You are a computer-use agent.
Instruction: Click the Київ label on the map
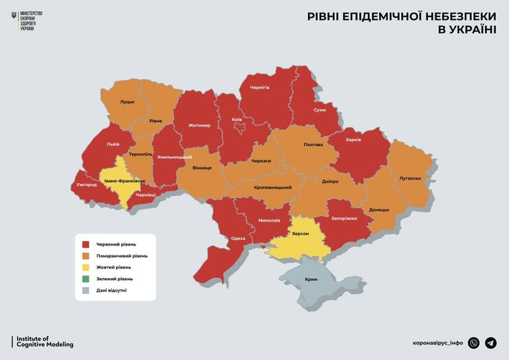click(237, 120)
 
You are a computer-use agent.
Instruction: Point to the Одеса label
click(238, 238)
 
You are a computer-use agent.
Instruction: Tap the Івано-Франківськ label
click(124, 181)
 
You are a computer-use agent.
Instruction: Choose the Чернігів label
click(259, 87)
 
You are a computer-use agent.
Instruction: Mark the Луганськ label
click(410, 178)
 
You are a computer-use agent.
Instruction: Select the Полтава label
click(313, 145)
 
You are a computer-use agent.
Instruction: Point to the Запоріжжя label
click(344, 218)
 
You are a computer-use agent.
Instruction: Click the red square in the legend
click(86, 244)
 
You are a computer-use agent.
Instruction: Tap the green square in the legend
click(86, 279)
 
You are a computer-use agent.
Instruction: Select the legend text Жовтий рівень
click(113, 267)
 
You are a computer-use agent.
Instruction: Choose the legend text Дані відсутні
click(111, 290)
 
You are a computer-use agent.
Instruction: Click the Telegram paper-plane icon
click(490, 343)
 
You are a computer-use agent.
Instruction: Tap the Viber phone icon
click(473, 343)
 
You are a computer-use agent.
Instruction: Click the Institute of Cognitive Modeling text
click(44, 341)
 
